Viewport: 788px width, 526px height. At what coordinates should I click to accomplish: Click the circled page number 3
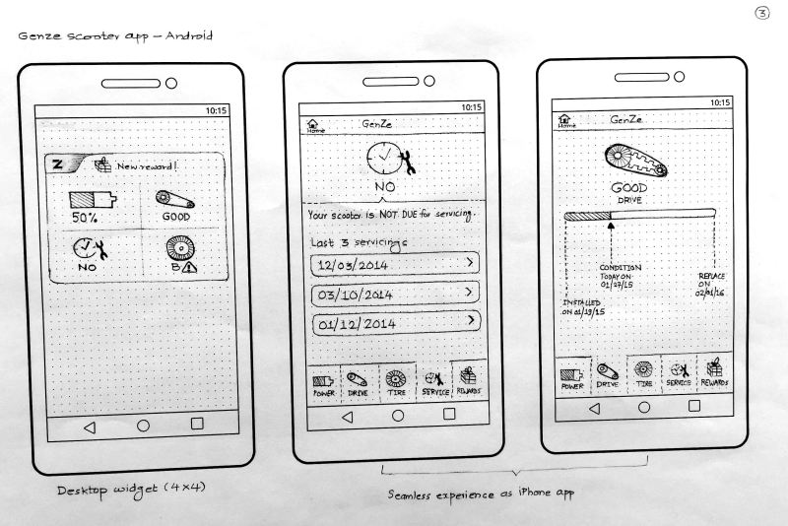[761, 13]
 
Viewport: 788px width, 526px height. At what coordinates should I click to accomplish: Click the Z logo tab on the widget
[58, 164]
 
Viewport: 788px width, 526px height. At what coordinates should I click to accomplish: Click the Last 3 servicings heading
[357, 242]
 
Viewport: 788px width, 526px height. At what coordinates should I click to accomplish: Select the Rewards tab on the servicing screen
[469, 380]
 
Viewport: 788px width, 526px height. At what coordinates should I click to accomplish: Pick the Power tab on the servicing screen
[324, 382]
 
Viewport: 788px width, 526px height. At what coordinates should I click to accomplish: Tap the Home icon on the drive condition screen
[566, 121]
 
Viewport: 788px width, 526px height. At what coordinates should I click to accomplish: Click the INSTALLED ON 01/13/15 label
[583, 305]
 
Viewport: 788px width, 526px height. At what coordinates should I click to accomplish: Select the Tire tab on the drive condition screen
[643, 374]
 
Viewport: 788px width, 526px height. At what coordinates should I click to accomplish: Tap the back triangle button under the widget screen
[89, 427]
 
